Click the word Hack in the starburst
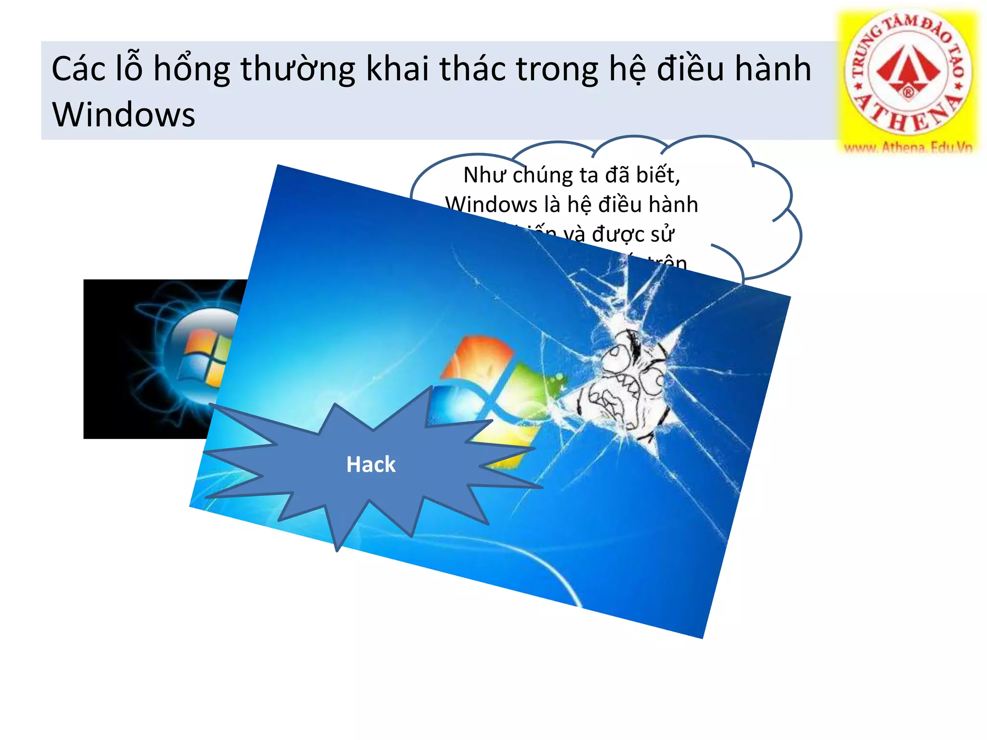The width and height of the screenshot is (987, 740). pyautogui.click(x=371, y=464)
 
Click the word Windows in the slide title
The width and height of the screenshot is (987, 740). pyautogui.click(x=123, y=115)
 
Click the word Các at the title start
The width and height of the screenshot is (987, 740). pyautogui.click(x=78, y=68)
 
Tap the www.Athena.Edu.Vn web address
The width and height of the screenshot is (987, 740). pyautogui.click(x=908, y=147)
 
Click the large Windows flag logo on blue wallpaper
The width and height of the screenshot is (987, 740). pyautogui.click(x=487, y=395)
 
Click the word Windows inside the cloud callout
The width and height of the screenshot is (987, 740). pyautogui.click(x=491, y=205)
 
